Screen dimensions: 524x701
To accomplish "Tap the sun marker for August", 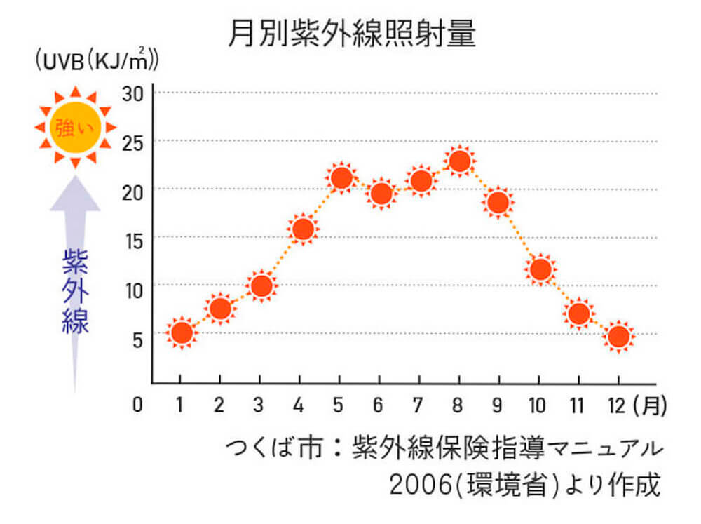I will pyautogui.click(x=459, y=161).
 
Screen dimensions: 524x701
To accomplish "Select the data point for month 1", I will pyautogui.click(x=181, y=333).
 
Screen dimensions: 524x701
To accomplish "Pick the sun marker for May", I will pyautogui.click(x=341, y=178).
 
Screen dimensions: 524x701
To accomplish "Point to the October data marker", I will pyautogui.click(x=539, y=269).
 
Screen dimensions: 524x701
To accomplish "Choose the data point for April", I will pyautogui.click(x=302, y=229).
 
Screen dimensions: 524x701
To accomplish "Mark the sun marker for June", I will pyautogui.click(x=381, y=193).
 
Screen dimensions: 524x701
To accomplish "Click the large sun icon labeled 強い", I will pyautogui.click(x=74, y=128).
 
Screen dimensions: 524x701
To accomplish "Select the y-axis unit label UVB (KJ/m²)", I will pyautogui.click(x=96, y=62).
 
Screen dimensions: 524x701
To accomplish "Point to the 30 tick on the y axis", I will pyautogui.click(x=132, y=93).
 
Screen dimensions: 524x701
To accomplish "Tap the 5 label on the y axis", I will pyautogui.click(x=137, y=339).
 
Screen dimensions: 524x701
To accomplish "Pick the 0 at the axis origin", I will pyautogui.click(x=137, y=405).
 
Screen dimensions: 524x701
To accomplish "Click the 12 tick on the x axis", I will pyautogui.click(x=618, y=405).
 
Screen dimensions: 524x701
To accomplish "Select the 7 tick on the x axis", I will pyautogui.click(x=418, y=405).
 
